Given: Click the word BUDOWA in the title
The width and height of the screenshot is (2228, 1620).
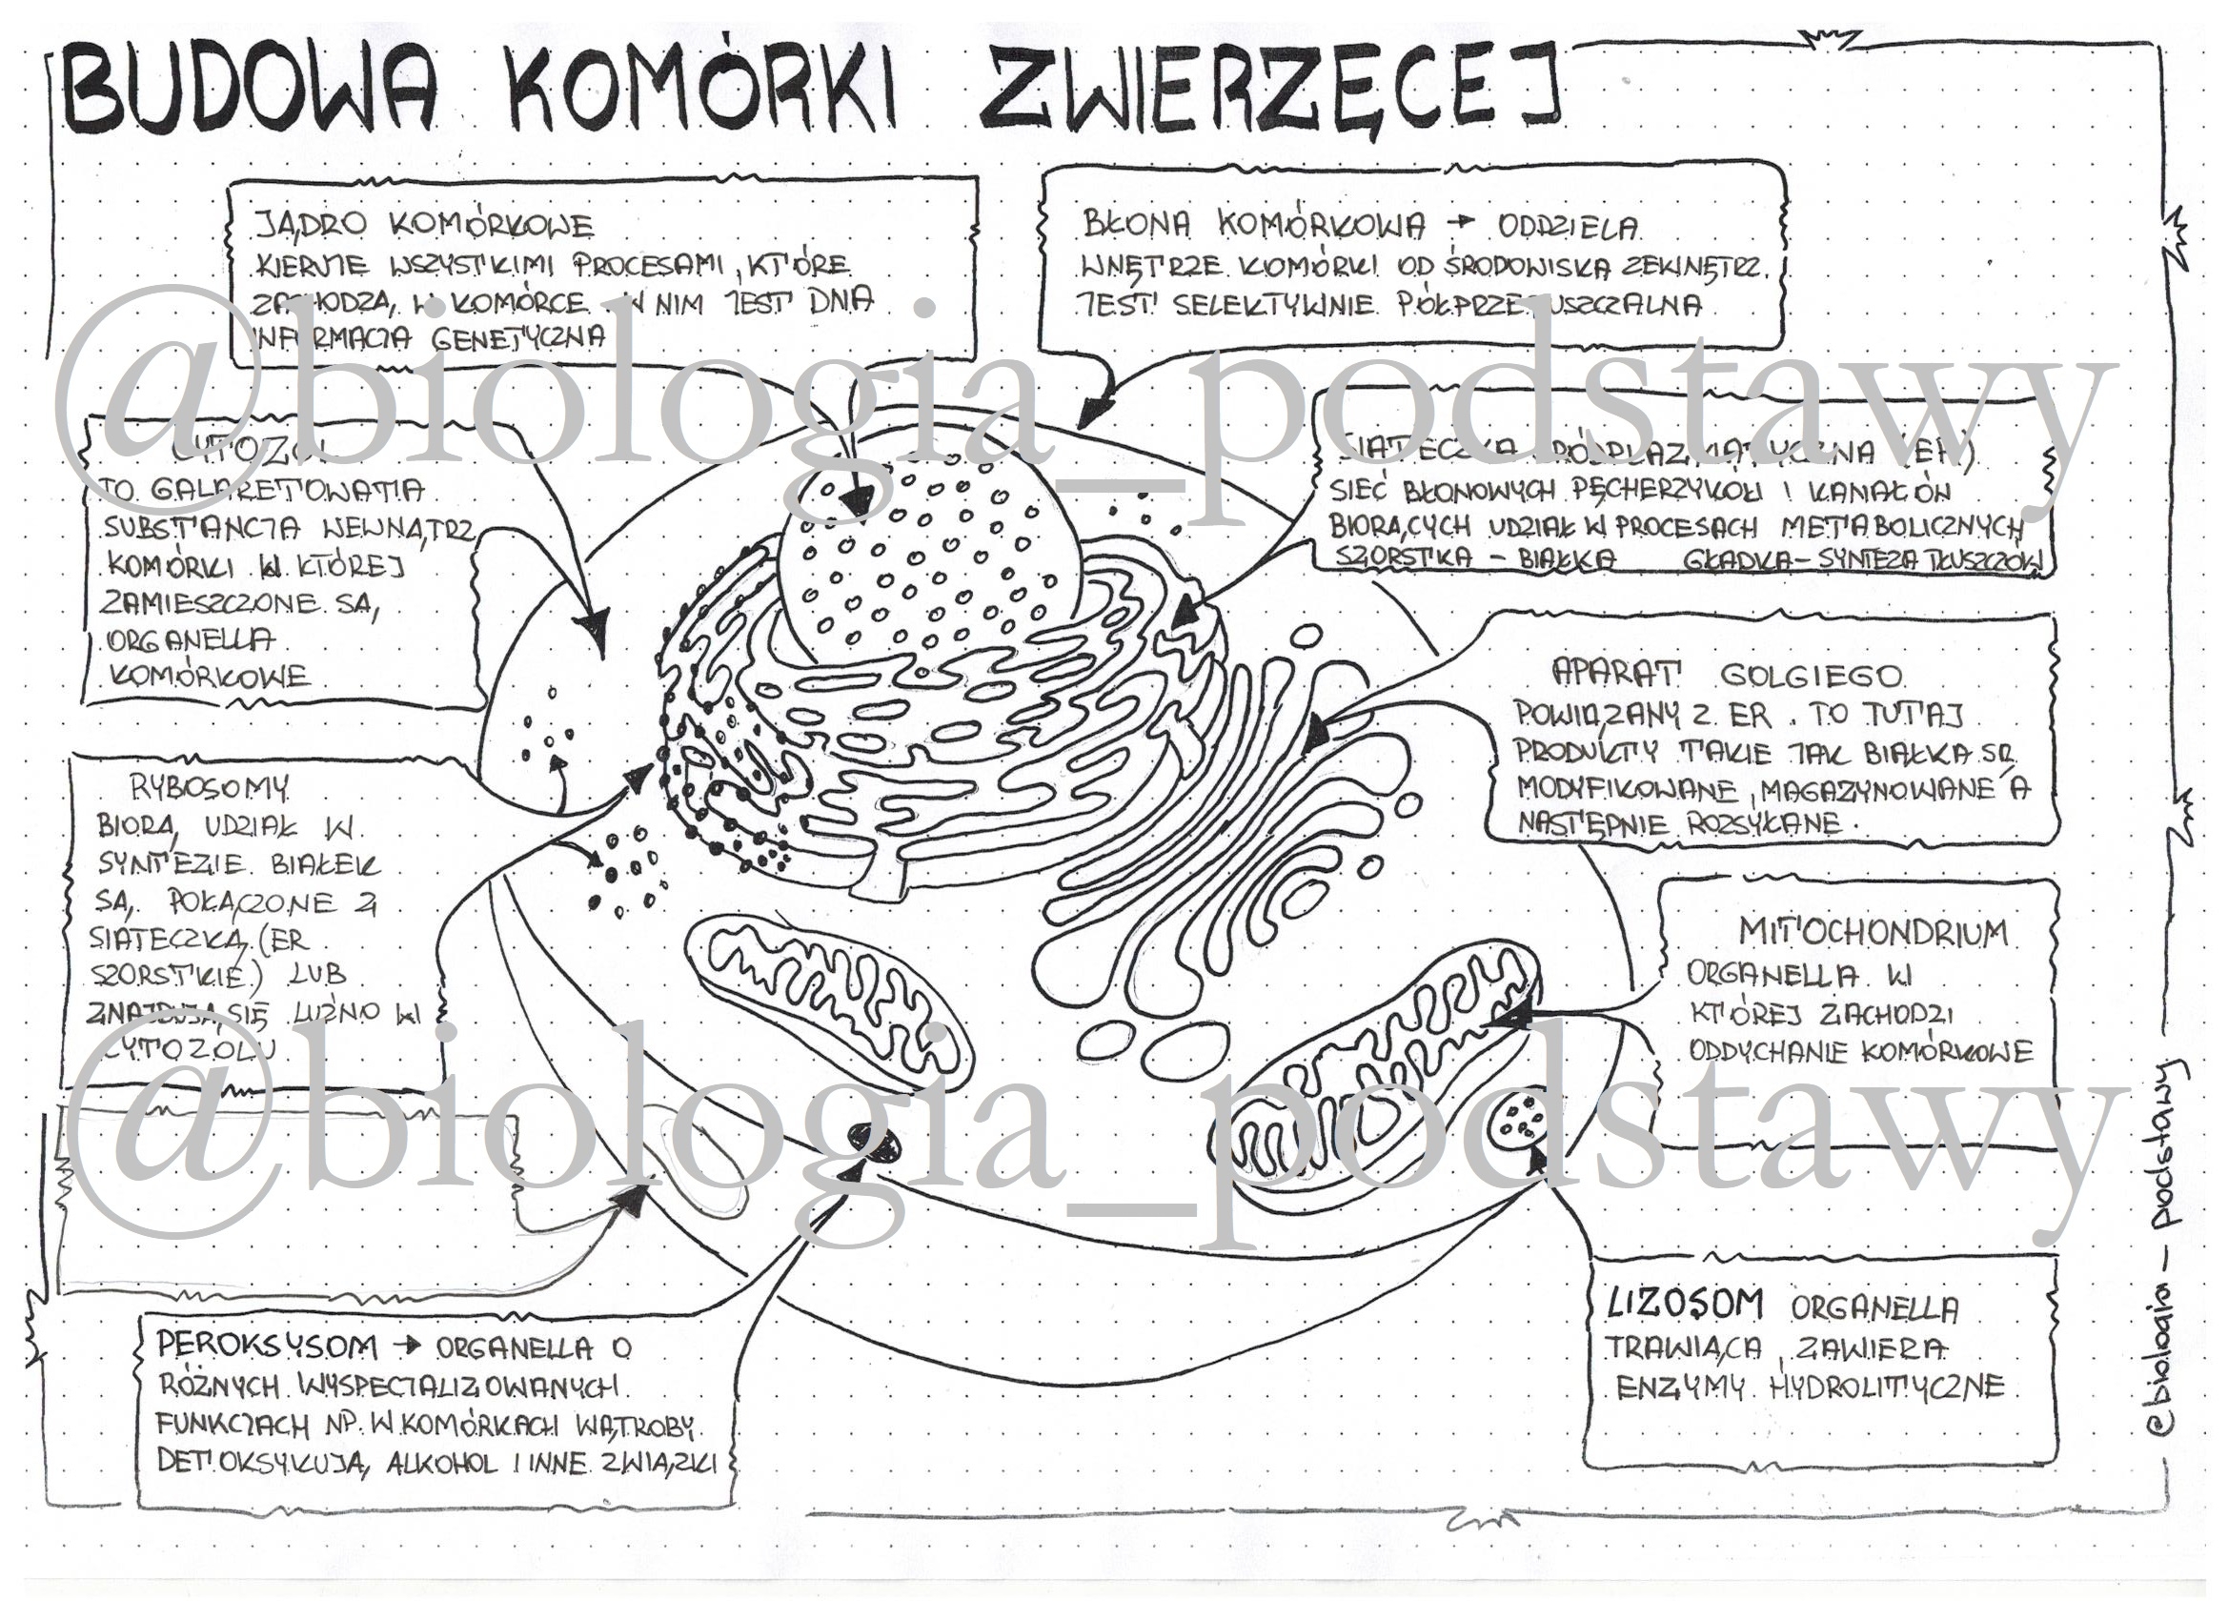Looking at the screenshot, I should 250,91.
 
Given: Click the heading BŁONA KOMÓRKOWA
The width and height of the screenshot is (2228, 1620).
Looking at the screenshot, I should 1252,225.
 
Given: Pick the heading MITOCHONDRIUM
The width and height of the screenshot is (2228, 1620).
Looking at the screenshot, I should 1873,931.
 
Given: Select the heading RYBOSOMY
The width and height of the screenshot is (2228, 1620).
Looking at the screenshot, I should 210,787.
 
